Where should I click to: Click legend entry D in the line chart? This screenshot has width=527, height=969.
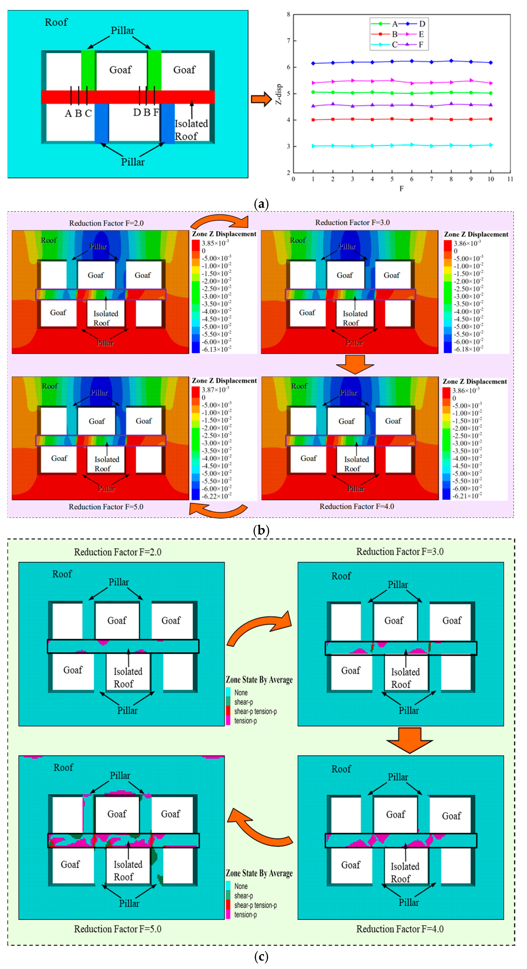422,24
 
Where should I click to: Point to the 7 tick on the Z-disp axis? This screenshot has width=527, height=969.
288,41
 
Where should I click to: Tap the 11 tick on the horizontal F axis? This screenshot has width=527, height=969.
510,179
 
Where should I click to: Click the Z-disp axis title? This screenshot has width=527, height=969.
278,94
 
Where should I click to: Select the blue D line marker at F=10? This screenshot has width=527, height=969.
491,63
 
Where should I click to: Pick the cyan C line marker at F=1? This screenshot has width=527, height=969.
313,146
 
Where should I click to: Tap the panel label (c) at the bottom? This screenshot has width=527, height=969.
261,956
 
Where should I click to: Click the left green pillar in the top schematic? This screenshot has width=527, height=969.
88,70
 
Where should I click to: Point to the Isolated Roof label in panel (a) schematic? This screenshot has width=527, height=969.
191,129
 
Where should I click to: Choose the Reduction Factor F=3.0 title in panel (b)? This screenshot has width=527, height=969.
352,222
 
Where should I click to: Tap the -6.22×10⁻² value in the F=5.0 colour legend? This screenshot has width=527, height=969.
216,496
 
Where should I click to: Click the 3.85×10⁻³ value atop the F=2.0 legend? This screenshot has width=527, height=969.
215,243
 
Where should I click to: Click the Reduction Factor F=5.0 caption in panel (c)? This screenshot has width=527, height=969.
118,929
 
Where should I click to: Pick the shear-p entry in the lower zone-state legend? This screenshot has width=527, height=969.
244,896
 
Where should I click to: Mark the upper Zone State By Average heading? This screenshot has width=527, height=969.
259,679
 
